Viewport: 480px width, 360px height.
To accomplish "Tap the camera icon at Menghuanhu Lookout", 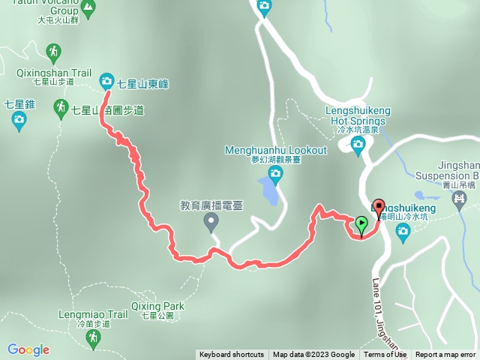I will (275, 175).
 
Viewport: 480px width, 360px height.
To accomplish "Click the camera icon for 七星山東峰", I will (106, 80).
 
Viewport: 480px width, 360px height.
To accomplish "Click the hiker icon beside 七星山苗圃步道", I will (61, 109).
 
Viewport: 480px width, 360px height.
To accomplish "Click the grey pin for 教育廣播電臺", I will (211, 220).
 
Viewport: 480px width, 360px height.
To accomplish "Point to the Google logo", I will (28, 349).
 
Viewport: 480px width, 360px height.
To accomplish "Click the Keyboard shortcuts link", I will (231, 355).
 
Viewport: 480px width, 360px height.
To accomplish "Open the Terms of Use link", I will (385, 355).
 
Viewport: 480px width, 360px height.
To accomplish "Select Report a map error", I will (446, 355).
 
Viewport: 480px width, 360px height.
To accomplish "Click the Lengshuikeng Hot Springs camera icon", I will (357, 144).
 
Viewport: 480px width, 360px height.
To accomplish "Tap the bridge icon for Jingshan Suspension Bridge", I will (460, 199).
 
